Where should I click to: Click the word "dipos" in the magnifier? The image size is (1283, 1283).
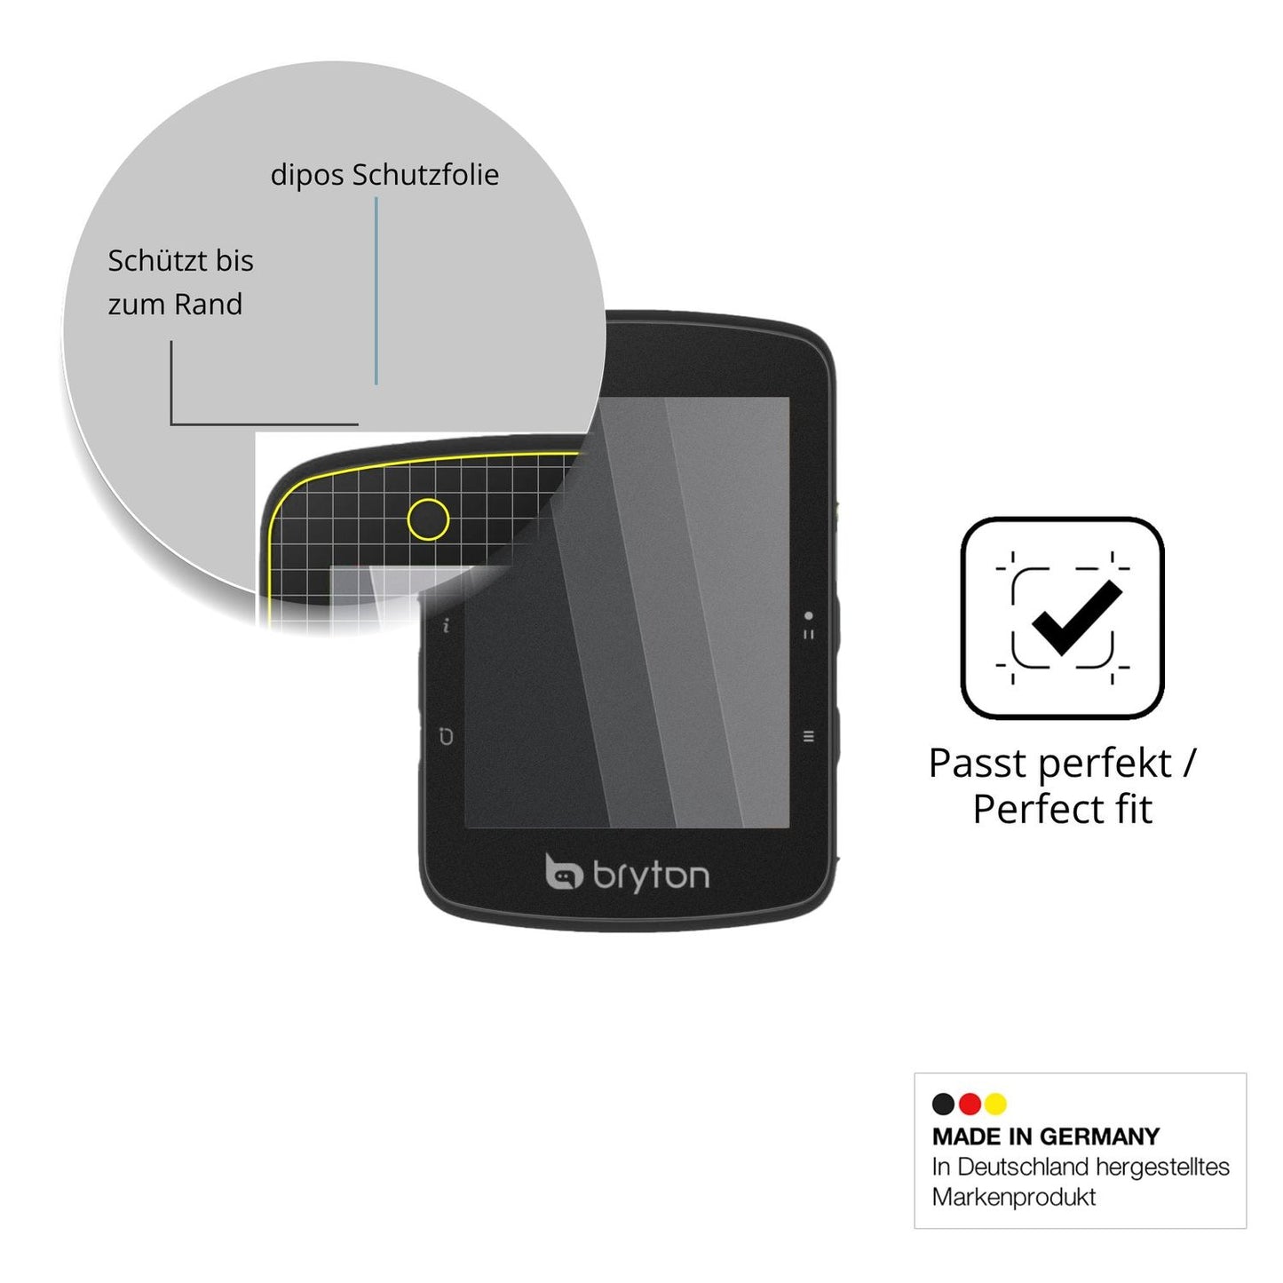[x=307, y=176]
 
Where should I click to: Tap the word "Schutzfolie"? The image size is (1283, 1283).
[x=425, y=174]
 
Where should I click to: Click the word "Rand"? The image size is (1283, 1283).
[x=209, y=305]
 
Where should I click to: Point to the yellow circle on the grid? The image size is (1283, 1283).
[x=427, y=519]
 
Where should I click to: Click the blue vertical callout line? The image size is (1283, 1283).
[x=376, y=290]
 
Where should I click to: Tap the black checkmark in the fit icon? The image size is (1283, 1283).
[x=1076, y=618]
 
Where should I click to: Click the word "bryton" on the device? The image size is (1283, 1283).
[x=651, y=877]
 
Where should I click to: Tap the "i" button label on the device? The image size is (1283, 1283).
[x=447, y=626]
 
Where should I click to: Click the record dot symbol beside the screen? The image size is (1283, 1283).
[x=808, y=615]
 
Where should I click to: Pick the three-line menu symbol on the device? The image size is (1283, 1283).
[x=808, y=736]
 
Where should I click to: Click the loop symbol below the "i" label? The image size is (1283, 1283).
[x=446, y=736]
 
